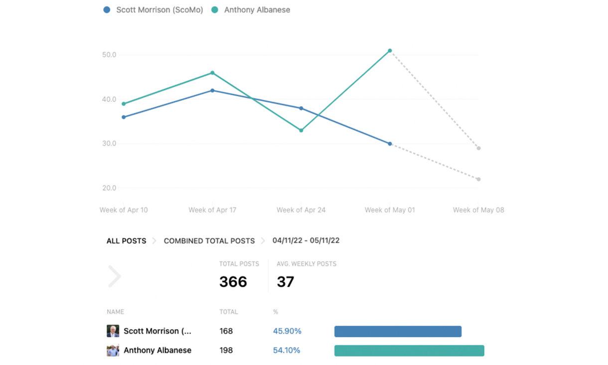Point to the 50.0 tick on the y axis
tap(109, 55)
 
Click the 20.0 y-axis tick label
tap(109, 188)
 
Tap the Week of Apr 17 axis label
tap(212, 210)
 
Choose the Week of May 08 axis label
tap(478, 210)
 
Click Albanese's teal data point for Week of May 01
tap(390, 51)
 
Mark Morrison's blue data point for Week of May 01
tap(390, 144)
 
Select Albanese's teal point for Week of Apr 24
tap(301, 131)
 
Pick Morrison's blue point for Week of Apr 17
tap(212, 91)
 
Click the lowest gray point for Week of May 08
tap(478, 179)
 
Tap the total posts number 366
tap(233, 282)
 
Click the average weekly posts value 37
tap(286, 282)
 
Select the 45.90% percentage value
tap(287, 331)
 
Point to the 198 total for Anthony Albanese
tap(226, 350)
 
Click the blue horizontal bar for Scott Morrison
tap(398, 331)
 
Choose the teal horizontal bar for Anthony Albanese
tap(409, 351)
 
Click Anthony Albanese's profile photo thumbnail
tap(113, 350)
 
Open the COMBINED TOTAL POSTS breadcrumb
tap(209, 241)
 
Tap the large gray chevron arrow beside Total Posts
tap(115, 277)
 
